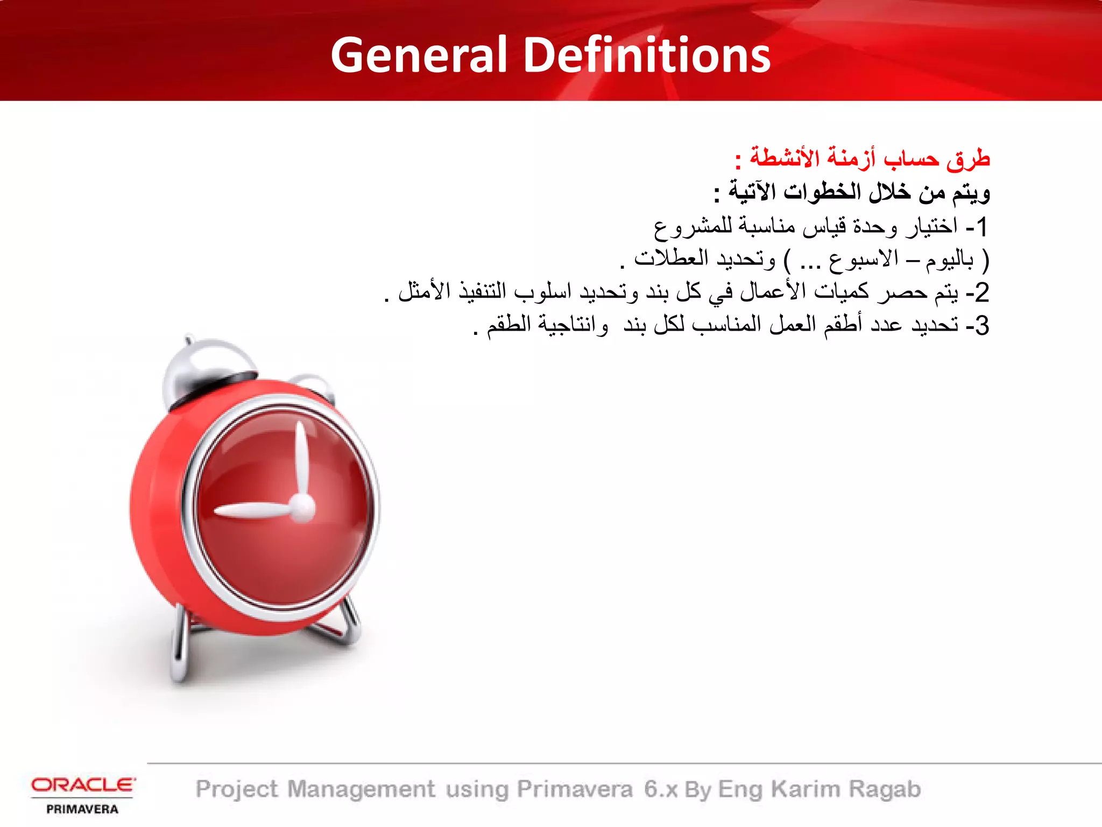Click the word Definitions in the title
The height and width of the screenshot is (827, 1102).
coord(647,55)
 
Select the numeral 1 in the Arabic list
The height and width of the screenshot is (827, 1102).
coord(982,227)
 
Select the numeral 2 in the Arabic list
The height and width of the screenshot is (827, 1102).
coord(982,292)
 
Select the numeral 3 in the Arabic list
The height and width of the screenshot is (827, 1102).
coord(982,326)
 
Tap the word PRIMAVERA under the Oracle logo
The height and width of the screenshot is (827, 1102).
coord(82,809)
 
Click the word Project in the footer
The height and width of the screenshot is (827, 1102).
coord(237,789)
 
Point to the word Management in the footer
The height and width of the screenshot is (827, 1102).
coord(361,789)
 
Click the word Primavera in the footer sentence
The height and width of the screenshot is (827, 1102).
coord(575,789)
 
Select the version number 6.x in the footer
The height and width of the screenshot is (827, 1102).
coord(661,789)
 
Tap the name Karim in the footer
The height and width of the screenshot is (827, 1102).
coord(805,789)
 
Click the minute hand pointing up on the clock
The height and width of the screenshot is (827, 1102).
coord(299,458)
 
